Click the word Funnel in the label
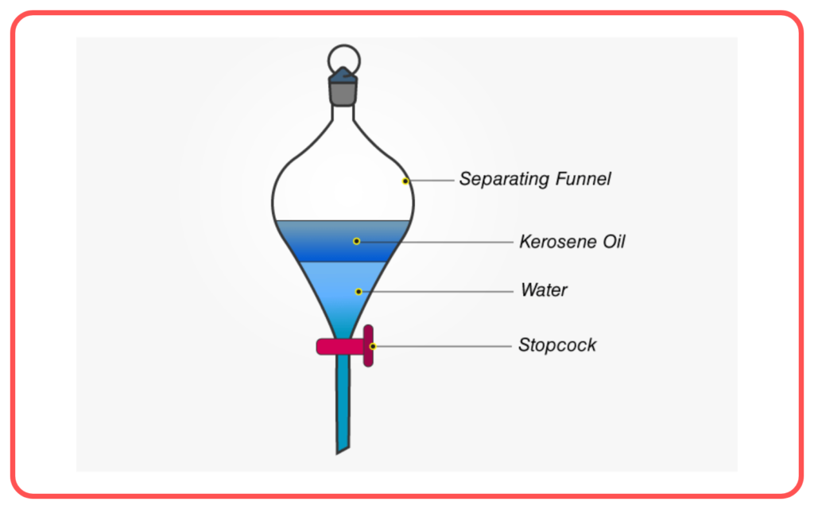[583, 179]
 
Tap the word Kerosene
[558, 242]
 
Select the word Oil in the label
[614, 242]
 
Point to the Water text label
[544, 289]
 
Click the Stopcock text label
[557, 345]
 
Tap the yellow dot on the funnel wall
[405, 181]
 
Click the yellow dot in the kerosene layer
[356, 241]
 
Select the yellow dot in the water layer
[359, 291]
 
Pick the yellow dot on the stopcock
[372, 347]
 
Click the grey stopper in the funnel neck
[343, 94]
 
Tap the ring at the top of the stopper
[344, 45]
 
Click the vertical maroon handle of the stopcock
[368, 346]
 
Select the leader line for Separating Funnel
[432, 181]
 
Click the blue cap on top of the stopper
[343, 75]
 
